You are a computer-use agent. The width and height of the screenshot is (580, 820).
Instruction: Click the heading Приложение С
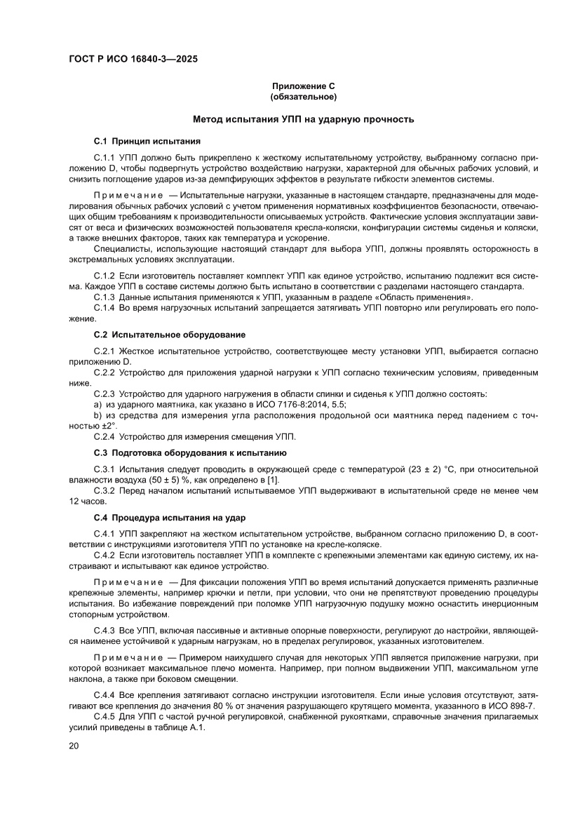point(304,86)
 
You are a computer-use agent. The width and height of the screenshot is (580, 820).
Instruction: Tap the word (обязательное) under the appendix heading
point(304,95)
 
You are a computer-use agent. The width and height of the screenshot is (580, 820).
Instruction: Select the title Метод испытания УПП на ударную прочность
point(304,120)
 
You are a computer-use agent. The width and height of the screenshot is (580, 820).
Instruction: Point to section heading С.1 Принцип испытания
point(147,141)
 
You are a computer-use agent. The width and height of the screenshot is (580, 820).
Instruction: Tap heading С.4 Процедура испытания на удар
point(170,518)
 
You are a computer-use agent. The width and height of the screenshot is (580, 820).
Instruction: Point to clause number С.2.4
point(105,436)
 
